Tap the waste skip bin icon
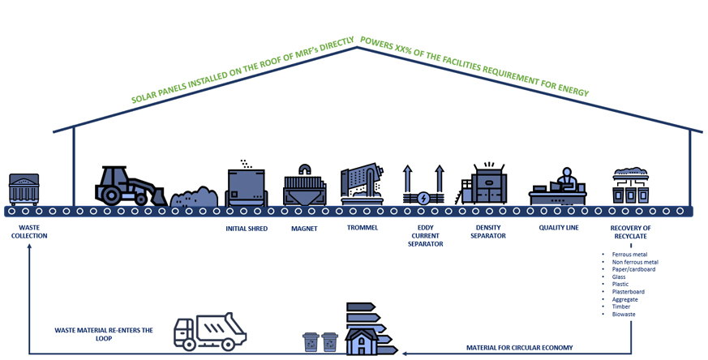pos(24,189)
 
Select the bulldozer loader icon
pos(130,186)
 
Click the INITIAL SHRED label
pos(247,229)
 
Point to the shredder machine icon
pos(247,185)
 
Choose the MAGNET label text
pos(304,229)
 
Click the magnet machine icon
pos(305,186)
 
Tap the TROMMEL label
pos(362,228)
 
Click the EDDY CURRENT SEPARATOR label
pos(425,236)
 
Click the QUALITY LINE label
pos(559,228)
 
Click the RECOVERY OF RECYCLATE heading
pos(630,232)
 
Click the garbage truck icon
pos(209,331)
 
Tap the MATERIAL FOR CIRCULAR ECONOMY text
pos(519,348)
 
